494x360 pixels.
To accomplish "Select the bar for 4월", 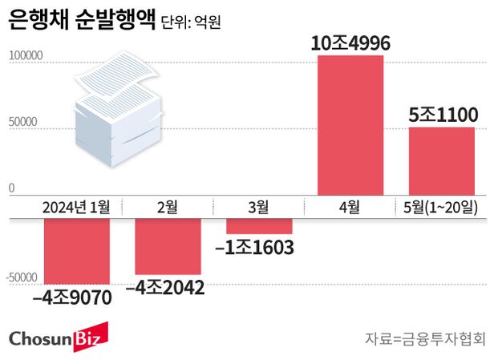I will click(x=350, y=125).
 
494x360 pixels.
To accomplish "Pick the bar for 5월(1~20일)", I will click(x=441, y=160).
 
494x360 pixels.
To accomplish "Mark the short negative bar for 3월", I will click(x=258, y=225).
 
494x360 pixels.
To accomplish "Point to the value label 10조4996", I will click(x=350, y=43).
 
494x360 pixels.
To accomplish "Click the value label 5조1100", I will click(x=443, y=115).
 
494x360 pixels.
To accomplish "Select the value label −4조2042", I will click(x=164, y=286).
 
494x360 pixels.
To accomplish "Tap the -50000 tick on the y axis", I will click(x=24, y=277).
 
